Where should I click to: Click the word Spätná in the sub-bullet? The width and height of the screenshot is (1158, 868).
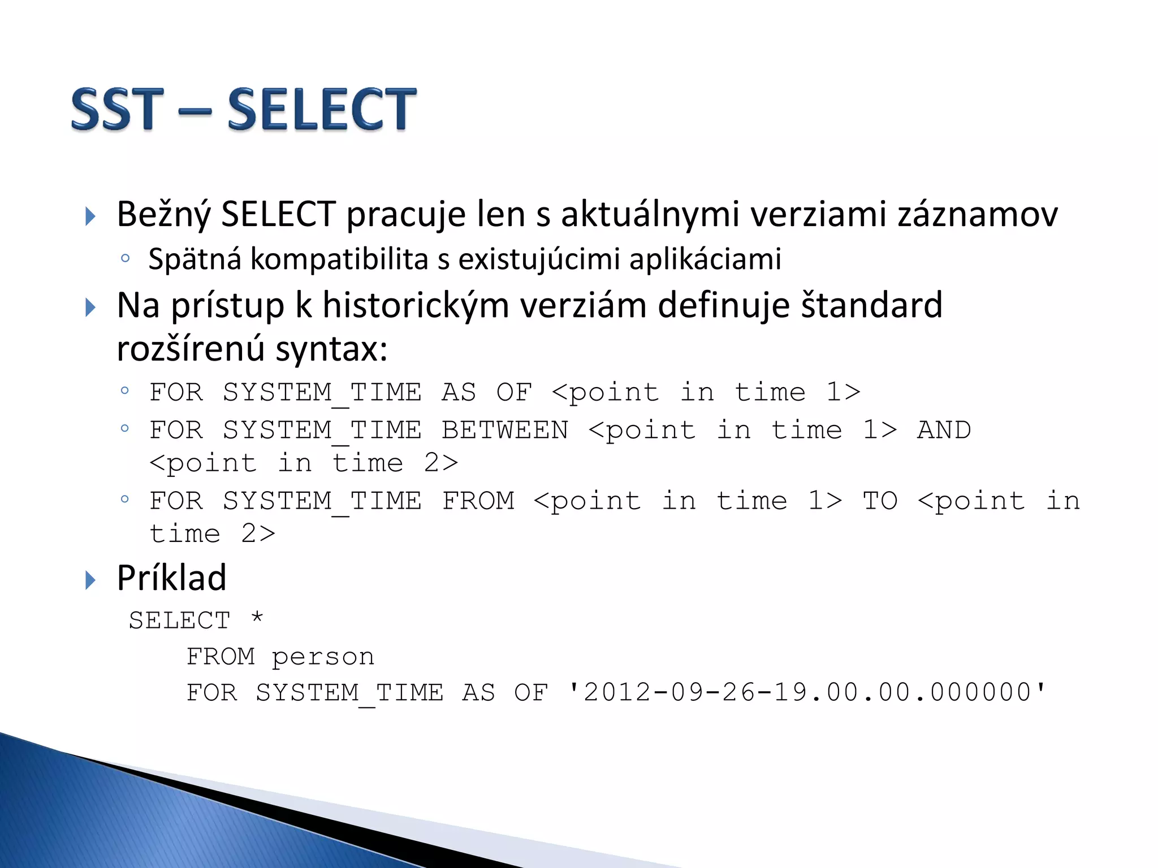tap(195, 260)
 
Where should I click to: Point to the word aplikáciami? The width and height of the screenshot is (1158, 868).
tap(705, 260)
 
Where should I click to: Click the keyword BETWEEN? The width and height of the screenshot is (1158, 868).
tap(505, 431)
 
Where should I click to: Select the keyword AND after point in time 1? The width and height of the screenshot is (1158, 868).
tap(944, 431)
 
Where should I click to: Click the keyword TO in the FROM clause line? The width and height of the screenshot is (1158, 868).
tap(880, 501)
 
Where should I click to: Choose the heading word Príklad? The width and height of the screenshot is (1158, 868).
tap(172, 578)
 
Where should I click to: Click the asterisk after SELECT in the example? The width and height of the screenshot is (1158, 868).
tap(257, 618)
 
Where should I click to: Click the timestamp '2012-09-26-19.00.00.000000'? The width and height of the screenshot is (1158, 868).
tap(807, 693)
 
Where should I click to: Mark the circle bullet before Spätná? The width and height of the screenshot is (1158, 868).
tap(126, 259)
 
